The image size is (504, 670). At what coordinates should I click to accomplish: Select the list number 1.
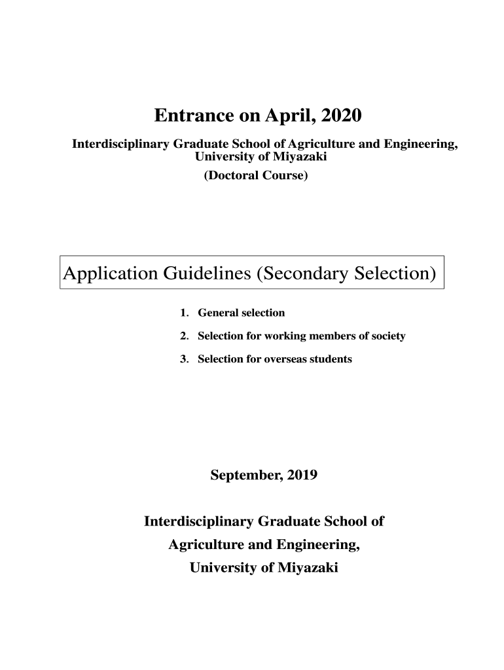(184, 313)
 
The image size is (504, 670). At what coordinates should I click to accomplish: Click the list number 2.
(184, 336)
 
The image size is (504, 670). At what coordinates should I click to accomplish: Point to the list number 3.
(184, 359)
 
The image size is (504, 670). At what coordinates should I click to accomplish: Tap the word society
(388, 336)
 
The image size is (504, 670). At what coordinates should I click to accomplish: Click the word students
(331, 359)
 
